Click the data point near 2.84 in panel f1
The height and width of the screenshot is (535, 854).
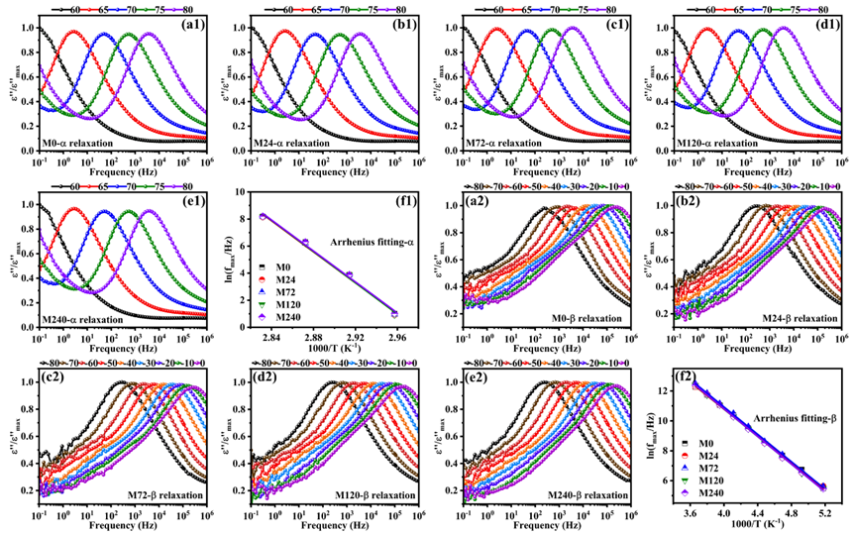click(263, 216)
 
